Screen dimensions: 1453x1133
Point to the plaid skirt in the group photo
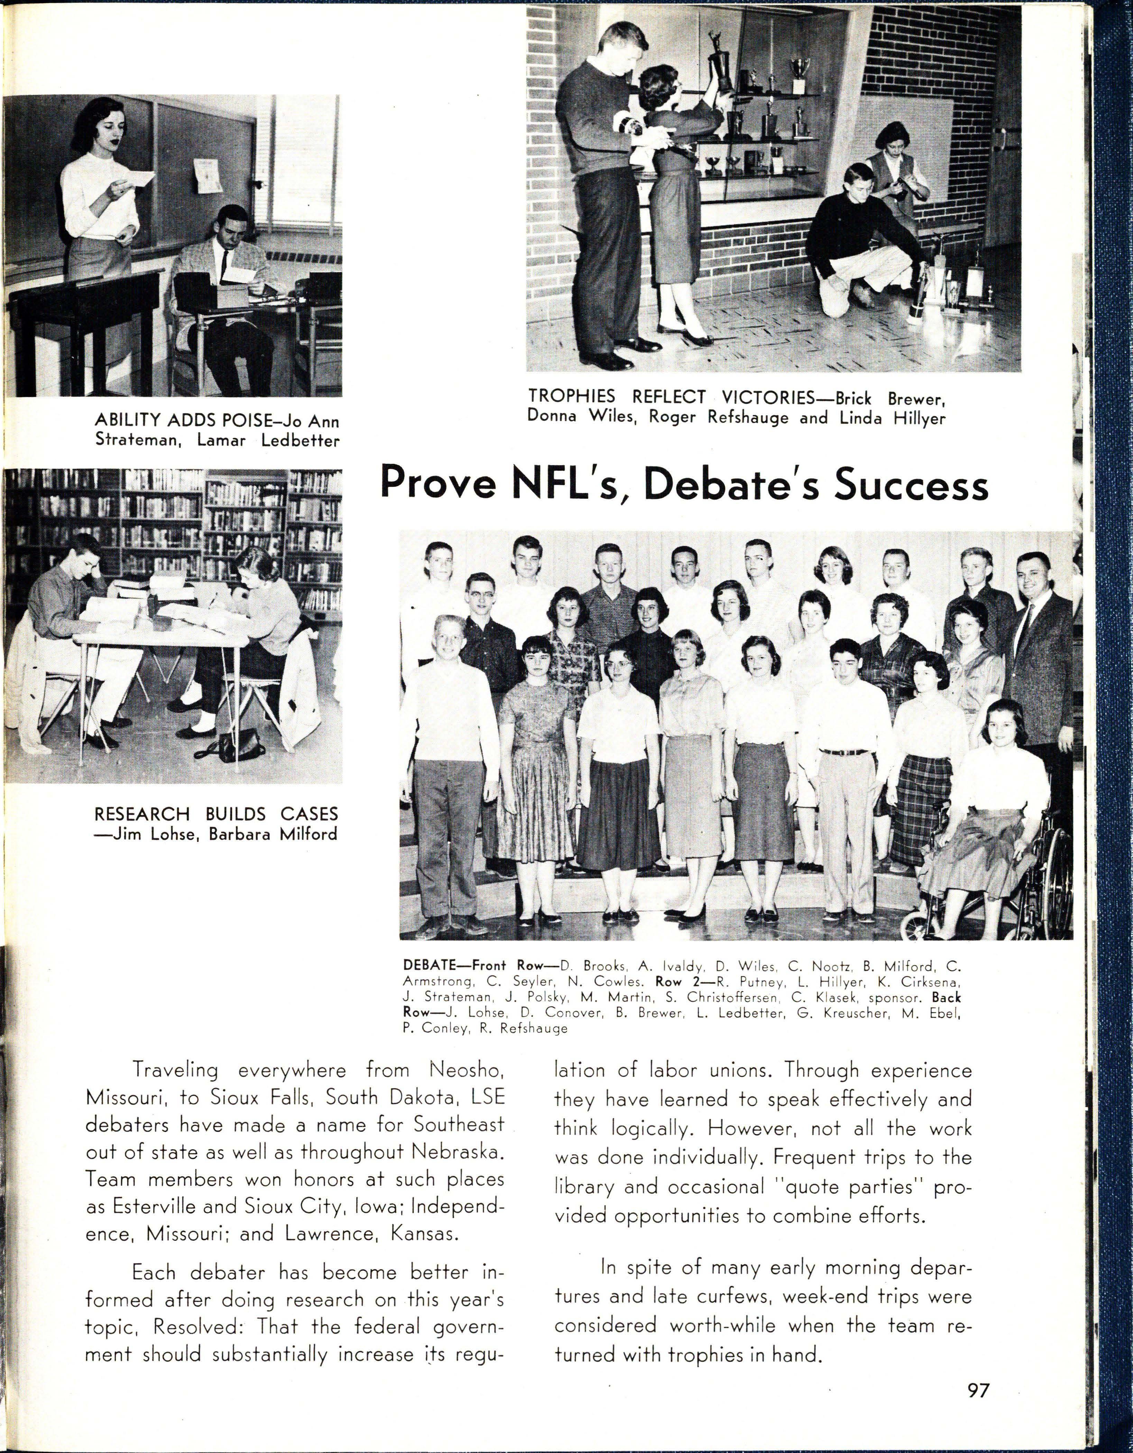[921, 805]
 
